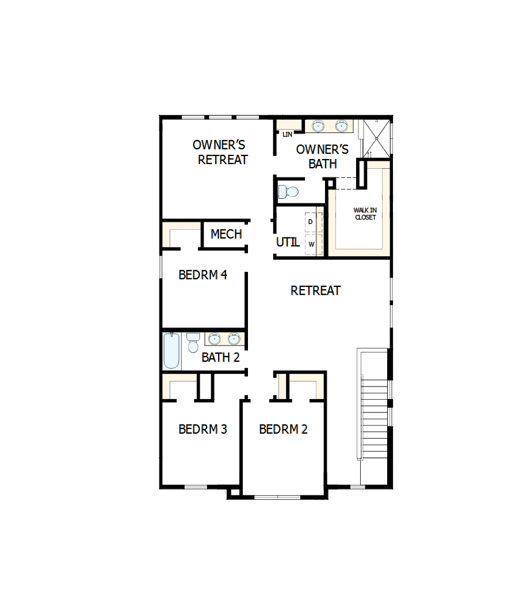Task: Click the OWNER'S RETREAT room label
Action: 221,152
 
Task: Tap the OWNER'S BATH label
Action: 322,157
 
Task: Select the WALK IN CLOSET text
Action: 365,214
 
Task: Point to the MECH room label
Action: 226,234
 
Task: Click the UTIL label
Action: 288,242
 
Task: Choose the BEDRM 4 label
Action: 203,275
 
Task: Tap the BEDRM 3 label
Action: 203,429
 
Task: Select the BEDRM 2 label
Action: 283,429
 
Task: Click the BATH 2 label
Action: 220,357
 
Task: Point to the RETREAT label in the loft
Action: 315,291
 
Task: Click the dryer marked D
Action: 311,222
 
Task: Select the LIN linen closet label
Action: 288,134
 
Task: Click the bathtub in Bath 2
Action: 171,351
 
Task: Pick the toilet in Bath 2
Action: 193,342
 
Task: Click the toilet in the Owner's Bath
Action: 288,191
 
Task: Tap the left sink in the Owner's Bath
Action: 318,126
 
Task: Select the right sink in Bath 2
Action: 234,339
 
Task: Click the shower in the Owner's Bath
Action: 375,138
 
